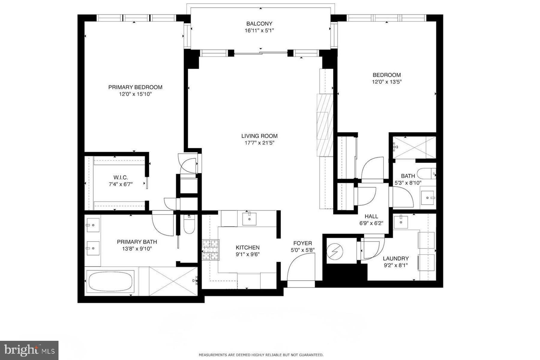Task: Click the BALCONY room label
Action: (x=259, y=24)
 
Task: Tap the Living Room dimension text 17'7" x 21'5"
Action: (x=259, y=143)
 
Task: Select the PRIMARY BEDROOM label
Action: (x=135, y=87)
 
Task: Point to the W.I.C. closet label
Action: (x=121, y=178)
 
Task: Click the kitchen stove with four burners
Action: (x=211, y=250)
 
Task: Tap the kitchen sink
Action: (x=249, y=218)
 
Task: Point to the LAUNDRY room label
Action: (x=396, y=258)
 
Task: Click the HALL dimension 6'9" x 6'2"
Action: (x=371, y=223)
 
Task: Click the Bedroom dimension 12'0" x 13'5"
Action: (x=387, y=82)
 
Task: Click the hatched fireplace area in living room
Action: (x=325, y=125)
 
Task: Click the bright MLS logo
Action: (x=29, y=350)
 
